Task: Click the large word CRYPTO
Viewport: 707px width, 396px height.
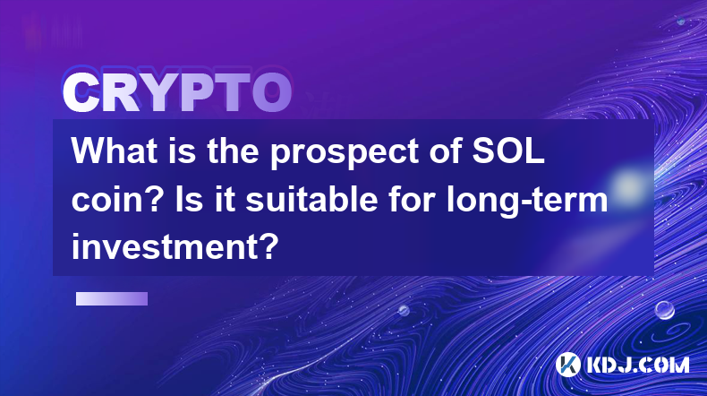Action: point(177,92)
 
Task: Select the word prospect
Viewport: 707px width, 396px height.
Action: point(345,153)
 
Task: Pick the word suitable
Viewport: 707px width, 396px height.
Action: point(311,199)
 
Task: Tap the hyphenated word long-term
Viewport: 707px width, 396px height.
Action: point(527,201)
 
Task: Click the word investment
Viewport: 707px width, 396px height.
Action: point(175,247)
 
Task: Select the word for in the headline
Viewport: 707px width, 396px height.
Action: point(410,199)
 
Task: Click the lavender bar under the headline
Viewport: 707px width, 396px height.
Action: point(112,298)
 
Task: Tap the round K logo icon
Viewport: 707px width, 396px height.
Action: point(567,365)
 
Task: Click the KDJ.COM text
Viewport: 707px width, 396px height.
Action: point(638,365)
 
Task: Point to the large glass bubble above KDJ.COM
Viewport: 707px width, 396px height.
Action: point(665,310)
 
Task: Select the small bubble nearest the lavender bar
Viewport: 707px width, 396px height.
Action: point(404,310)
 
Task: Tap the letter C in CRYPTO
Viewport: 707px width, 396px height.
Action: point(81,93)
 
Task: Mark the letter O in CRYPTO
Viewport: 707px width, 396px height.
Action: point(271,92)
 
